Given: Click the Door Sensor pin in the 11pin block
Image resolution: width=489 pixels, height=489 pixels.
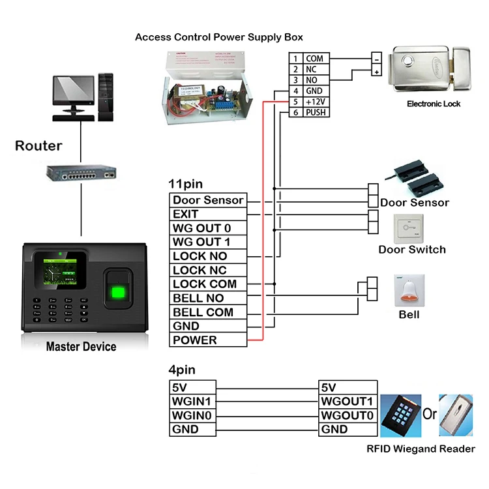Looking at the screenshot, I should pyautogui.click(x=208, y=200).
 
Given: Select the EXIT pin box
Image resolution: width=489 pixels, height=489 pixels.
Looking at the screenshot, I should pyautogui.click(x=208, y=214).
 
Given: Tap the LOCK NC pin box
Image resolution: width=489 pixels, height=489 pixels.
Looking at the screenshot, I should pyautogui.click(x=208, y=270).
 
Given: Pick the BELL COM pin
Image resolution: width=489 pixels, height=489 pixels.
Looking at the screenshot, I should pyautogui.click(x=208, y=312).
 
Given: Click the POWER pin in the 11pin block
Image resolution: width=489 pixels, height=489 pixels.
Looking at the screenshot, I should pyautogui.click(x=208, y=340).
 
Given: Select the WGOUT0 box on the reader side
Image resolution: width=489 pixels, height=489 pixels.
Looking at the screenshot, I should pyautogui.click(x=348, y=415).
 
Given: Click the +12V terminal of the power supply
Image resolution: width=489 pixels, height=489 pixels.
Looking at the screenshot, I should pyautogui.click(x=316, y=102).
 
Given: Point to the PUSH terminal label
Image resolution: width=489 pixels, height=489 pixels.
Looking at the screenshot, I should pyautogui.click(x=316, y=113).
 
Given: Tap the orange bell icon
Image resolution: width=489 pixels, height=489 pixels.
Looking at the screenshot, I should pyautogui.click(x=409, y=292).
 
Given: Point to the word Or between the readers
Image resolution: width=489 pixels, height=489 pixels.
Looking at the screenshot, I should pyautogui.click(x=431, y=415).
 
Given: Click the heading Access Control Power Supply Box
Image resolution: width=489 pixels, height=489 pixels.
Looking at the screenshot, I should pyautogui.click(x=218, y=37).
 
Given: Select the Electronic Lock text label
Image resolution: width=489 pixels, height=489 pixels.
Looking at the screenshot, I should pyautogui.click(x=434, y=104).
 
